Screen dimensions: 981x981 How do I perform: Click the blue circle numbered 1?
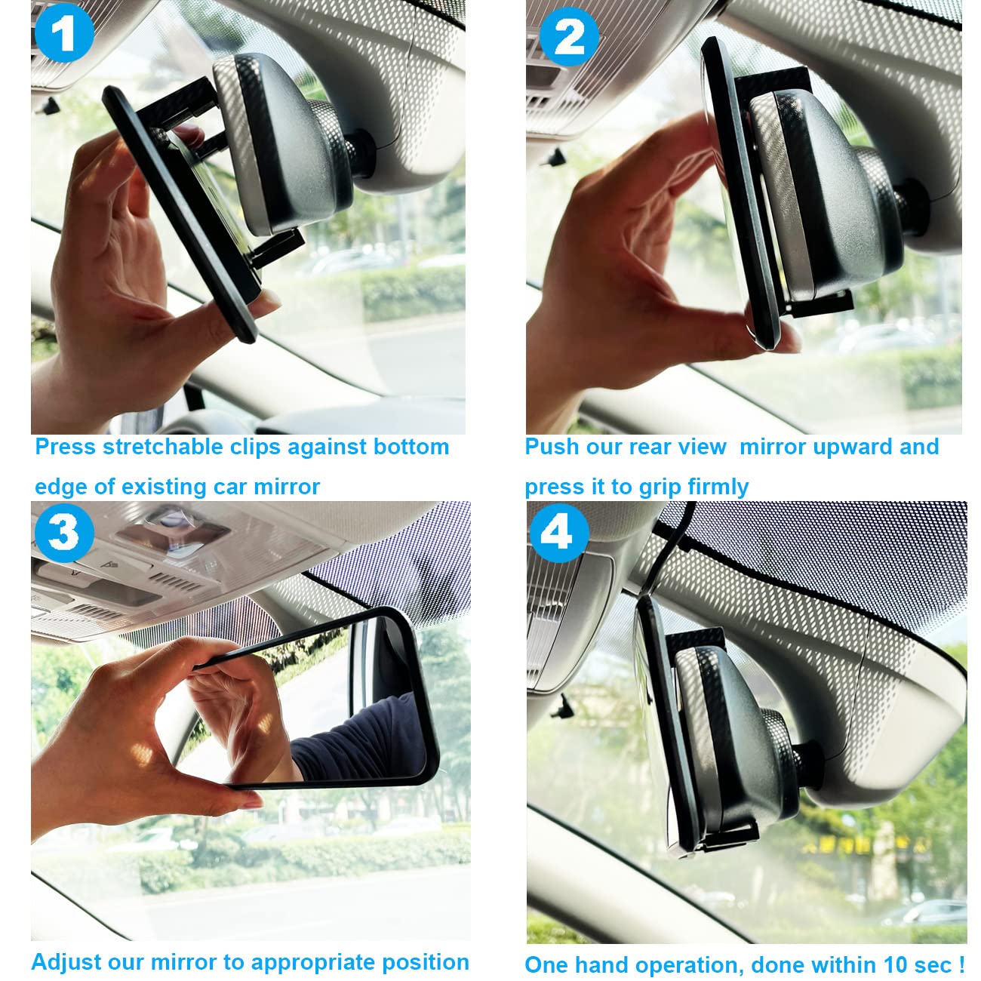coord(64,34)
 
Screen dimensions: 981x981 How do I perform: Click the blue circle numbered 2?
coord(570,36)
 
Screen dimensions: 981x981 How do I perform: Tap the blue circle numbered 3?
coord(64,532)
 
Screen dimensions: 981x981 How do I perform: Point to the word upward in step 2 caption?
coord(835,447)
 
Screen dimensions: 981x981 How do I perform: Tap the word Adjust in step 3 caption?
coord(62,962)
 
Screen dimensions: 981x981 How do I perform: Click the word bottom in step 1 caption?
coord(411,447)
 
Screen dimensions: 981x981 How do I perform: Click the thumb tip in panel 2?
coord(785,343)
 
